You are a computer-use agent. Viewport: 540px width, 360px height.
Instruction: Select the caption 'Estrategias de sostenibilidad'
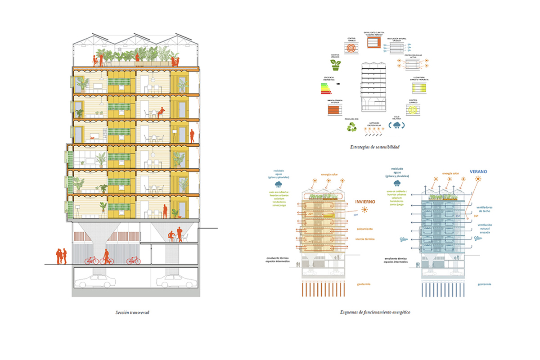tap(375, 147)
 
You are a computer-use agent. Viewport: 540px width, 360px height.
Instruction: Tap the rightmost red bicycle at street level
tap(133, 260)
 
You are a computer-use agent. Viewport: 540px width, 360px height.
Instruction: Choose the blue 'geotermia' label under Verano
tap(484, 284)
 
